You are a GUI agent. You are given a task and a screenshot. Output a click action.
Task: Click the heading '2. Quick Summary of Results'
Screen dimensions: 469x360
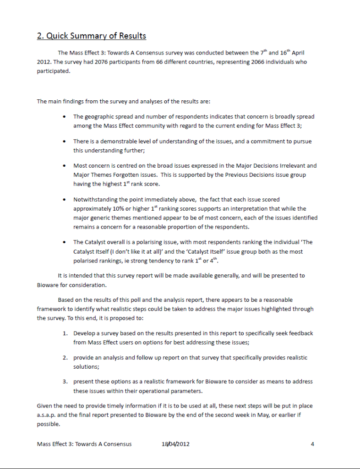(92, 36)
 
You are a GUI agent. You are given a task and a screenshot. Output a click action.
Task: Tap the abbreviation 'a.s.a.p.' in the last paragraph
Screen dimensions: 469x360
(48, 415)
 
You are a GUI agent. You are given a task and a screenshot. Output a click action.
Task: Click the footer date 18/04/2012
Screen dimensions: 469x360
(175, 444)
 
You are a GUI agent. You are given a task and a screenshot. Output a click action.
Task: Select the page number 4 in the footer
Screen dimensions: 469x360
(312, 444)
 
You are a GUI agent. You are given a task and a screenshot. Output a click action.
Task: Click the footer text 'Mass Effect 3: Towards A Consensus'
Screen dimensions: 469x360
(84, 444)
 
